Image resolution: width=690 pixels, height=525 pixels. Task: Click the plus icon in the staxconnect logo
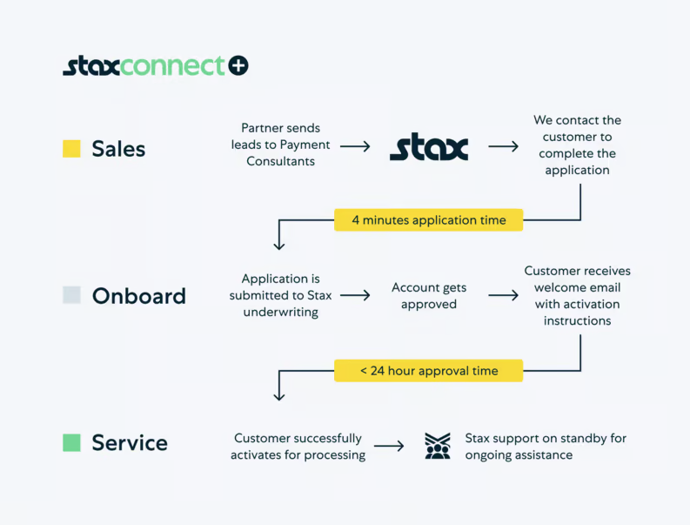tap(238, 65)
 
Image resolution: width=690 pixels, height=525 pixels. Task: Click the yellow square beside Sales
tap(71, 149)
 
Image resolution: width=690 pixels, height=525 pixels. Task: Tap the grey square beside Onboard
tap(71, 295)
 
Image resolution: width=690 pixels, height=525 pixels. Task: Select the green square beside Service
tap(71, 442)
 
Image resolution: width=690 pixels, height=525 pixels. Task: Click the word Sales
tap(118, 149)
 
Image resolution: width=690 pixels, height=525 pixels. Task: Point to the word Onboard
tap(138, 296)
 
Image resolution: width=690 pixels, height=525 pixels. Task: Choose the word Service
tap(130, 442)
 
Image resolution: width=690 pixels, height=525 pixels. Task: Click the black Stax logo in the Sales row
tap(428, 147)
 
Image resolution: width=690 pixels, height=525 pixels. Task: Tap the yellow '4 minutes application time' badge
tap(428, 220)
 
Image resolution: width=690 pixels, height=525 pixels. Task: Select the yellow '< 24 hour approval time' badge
tap(428, 371)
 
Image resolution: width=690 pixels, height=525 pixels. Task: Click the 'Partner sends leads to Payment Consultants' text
tap(280, 145)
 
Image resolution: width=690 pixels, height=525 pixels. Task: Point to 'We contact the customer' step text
tap(577, 145)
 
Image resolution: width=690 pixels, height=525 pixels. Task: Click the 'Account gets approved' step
tap(428, 296)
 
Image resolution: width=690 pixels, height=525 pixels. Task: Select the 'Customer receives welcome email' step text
tap(577, 295)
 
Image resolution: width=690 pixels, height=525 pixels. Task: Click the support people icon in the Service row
tap(437, 446)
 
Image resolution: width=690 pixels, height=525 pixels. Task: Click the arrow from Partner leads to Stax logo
tap(355, 146)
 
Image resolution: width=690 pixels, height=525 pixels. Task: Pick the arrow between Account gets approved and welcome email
tap(503, 296)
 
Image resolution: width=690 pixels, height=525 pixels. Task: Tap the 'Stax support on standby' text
tap(545, 446)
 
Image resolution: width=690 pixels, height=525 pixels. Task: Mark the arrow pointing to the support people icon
tap(389, 446)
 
